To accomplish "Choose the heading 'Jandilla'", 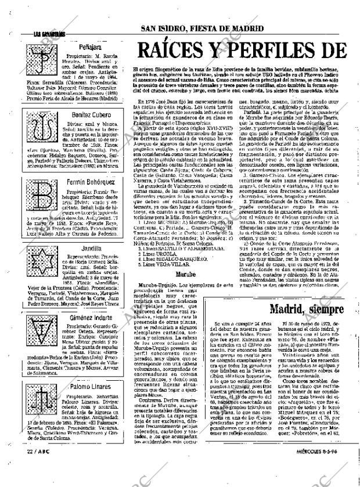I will [x=78, y=248].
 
